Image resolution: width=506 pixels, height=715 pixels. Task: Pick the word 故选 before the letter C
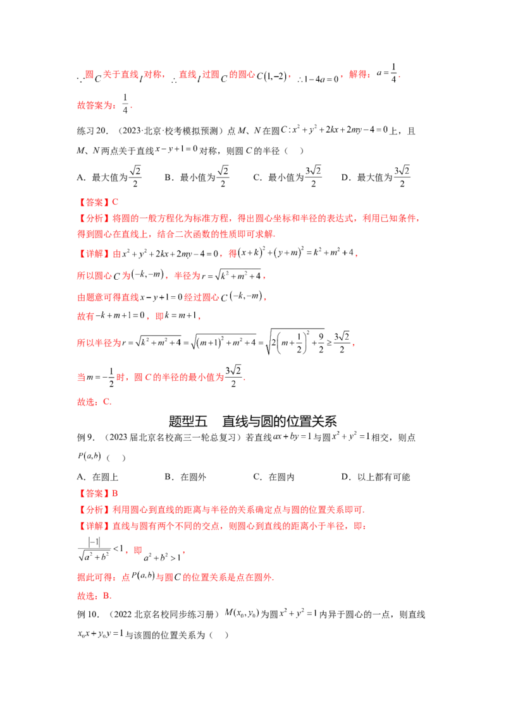click(85, 402)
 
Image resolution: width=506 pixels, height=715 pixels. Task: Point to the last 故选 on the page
click(85, 595)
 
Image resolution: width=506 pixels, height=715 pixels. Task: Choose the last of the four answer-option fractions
click(404, 172)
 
